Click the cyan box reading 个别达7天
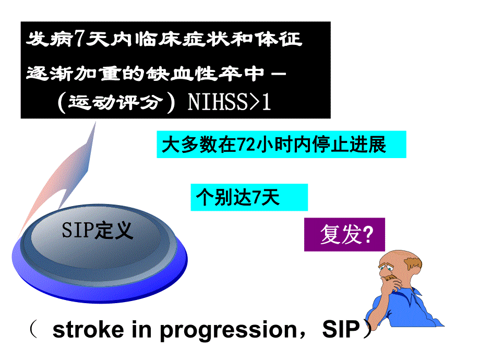point(249,197)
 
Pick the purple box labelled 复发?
point(344,235)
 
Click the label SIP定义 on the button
point(98,230)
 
